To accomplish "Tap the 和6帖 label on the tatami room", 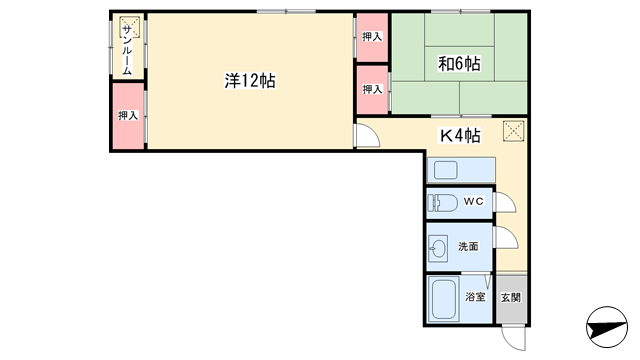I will pos(459,64).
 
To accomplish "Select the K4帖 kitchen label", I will pos(460,135).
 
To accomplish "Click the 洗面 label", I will pos(468,246).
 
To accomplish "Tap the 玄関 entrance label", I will pos(511,298).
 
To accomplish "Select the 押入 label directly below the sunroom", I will pos(127,116).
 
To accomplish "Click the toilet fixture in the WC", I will pos(443,203).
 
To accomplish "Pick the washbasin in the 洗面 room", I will pos(439,246).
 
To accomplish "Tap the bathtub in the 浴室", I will pos(445,299).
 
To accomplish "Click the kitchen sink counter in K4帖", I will pos(460,169).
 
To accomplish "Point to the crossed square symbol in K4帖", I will pos(513,131).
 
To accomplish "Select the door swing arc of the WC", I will pos(508,203).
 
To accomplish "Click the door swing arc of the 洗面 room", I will pos(508,238).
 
